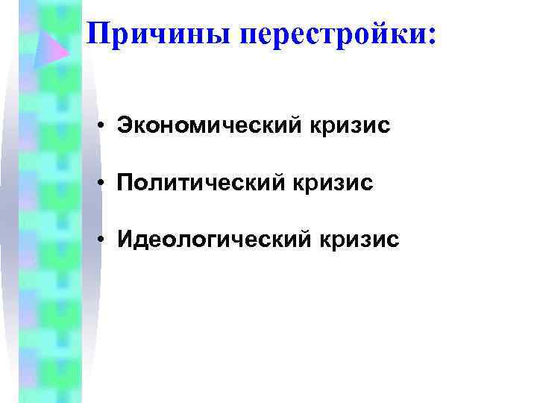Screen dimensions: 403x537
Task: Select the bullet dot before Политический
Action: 99,182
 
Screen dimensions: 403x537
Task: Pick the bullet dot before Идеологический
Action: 99,240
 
